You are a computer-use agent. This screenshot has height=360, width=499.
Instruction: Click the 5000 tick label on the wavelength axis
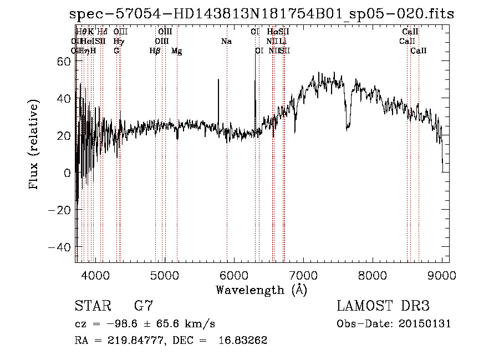pyautogui.click(x=164, y=275)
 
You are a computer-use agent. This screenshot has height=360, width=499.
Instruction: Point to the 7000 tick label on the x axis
pyautogui.click(x=303, y=275)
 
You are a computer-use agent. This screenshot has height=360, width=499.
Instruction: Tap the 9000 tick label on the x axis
pyautogui.click(x=442, y=275)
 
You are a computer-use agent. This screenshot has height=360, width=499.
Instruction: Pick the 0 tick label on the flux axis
pyautogui.click(x=67, y=173)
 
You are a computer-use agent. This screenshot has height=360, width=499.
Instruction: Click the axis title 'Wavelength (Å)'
pyautogui.click(x=261, y=290)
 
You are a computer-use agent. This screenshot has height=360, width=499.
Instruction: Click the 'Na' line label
pyautogui.click(x=226, y=42)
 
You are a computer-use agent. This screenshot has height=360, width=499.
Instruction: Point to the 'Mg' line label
pyautogui.click(x=176, y=51)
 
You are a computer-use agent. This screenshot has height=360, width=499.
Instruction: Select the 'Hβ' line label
pyautogui.click(x=155, y=51)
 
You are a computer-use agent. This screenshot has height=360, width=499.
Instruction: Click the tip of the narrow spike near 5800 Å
pyautogui.click(x=218, y=80)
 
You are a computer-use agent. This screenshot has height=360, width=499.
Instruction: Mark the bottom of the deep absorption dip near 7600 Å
pyautogui.click(x=347, y=129)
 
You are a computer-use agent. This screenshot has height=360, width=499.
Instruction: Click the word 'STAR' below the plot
pyautogui.click(x=93, y=306)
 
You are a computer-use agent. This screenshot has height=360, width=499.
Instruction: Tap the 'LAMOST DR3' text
pyautogui.click(x=383, y=306)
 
